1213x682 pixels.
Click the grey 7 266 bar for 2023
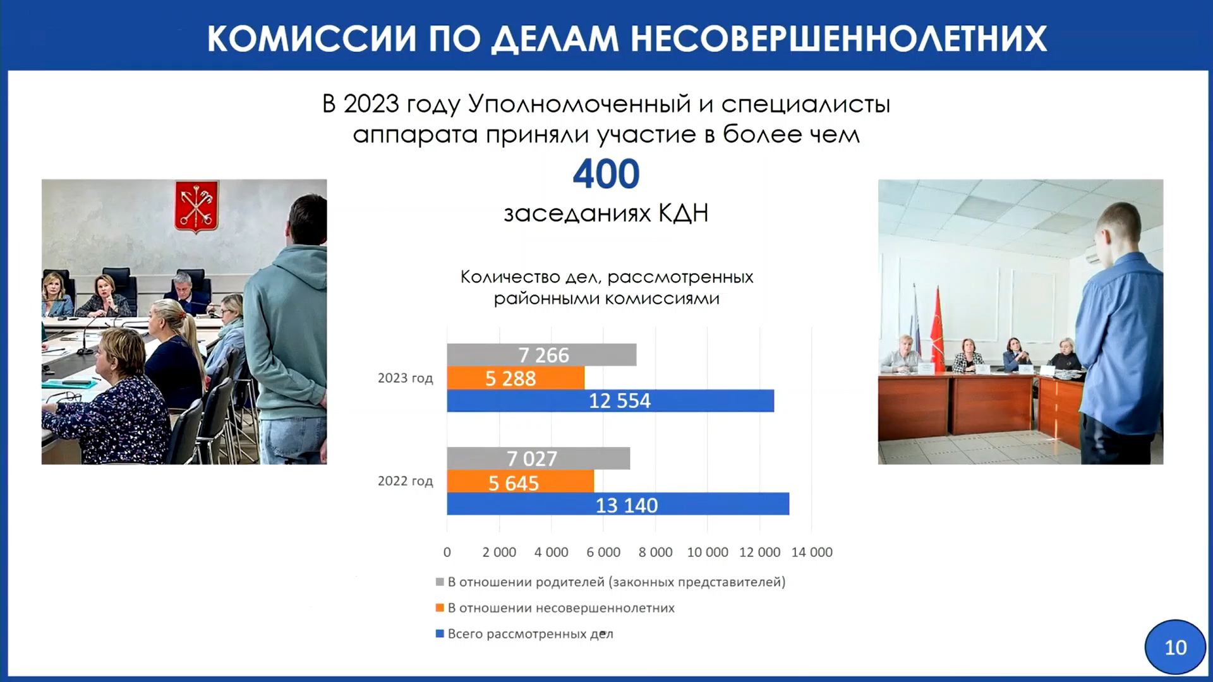pyautogui.click(x=541, y=355)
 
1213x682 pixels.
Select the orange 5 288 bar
pyautogui.click(x=516, y=378)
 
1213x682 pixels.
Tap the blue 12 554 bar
pyautogui.click(x=610, y=400)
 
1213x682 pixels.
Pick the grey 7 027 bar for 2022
pyautogui.click(x=538, y=458)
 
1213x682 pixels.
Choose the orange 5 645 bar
pyautogui.click(x=521, y=481)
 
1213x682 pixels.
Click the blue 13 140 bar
pyautogui.click(x=618, y=504)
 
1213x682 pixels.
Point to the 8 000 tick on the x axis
pyautogui.click(x=655, y=553)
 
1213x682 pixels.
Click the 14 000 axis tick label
pyautogui.click(x=812, y=553)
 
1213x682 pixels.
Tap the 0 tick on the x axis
pyautogui.click(x=447, y=553)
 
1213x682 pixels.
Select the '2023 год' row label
pyautogui.click(x=406, y=378)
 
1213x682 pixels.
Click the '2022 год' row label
pyautogui.click(x=406, y=481)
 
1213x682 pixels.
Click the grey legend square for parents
pyautogui.click(x=440, y=582)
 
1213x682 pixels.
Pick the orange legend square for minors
pyautogui.click(x=440, y=607)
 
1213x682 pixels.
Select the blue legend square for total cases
pyautogui.click(x=440, y=633)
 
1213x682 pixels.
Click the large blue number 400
pyautogui.click(x=606, y=174)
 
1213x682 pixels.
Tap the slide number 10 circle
pyautogui.click(x=1175, y=647)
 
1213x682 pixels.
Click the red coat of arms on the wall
pyautogui.click(x=196, y=206)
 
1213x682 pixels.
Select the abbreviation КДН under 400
pyautogui.click(x=684, y=213)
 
